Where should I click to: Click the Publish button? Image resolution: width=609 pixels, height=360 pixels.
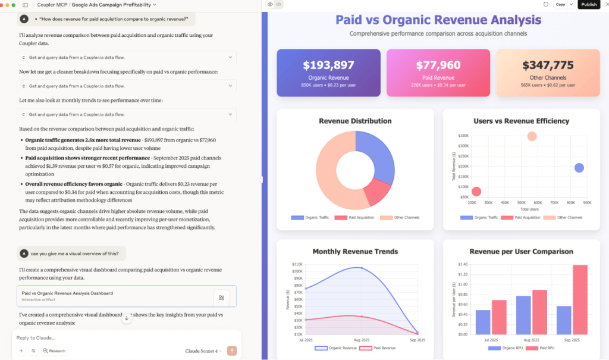pyautogui.click(x=589, y=4)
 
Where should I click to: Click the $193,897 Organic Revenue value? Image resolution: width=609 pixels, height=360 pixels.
pyautogui.click(x=328, y=65)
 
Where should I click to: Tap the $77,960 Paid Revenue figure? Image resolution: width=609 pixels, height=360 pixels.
pyautogui.click(x=438, y=65)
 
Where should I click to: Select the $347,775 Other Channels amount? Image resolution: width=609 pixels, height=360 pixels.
pyautogui.click(x=548, y=65)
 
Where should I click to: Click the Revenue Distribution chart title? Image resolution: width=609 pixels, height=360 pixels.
pyautogui.click(x=355, y=121)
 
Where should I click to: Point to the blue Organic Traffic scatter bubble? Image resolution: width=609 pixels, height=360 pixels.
pyautogui.click(x=579, y=168)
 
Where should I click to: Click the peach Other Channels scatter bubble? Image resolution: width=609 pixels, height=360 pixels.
pyautogui.click(x=532, y=136)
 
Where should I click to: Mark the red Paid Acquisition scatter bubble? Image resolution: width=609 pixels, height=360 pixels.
pyautogui.click(x=476, y=192)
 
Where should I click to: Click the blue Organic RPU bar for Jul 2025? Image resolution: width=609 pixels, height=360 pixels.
pyautogui.click(x=483, y=322)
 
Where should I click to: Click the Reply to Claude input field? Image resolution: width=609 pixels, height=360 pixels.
pyautogui.click(x=119, y=337)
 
